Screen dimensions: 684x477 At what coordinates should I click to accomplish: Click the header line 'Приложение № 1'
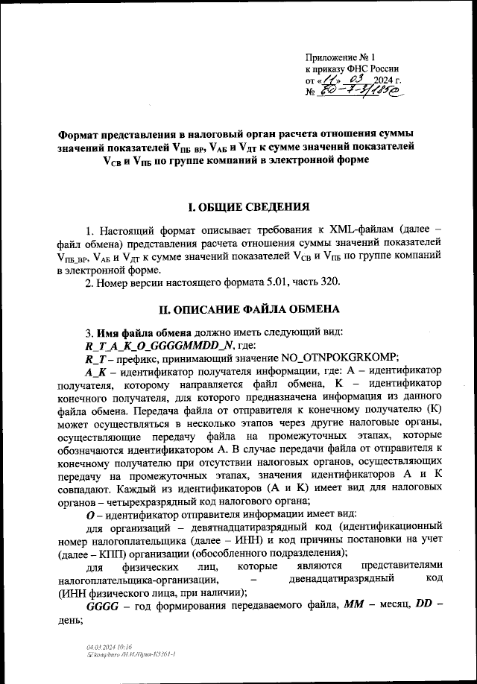pyautogui.click(x=342, y=57)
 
